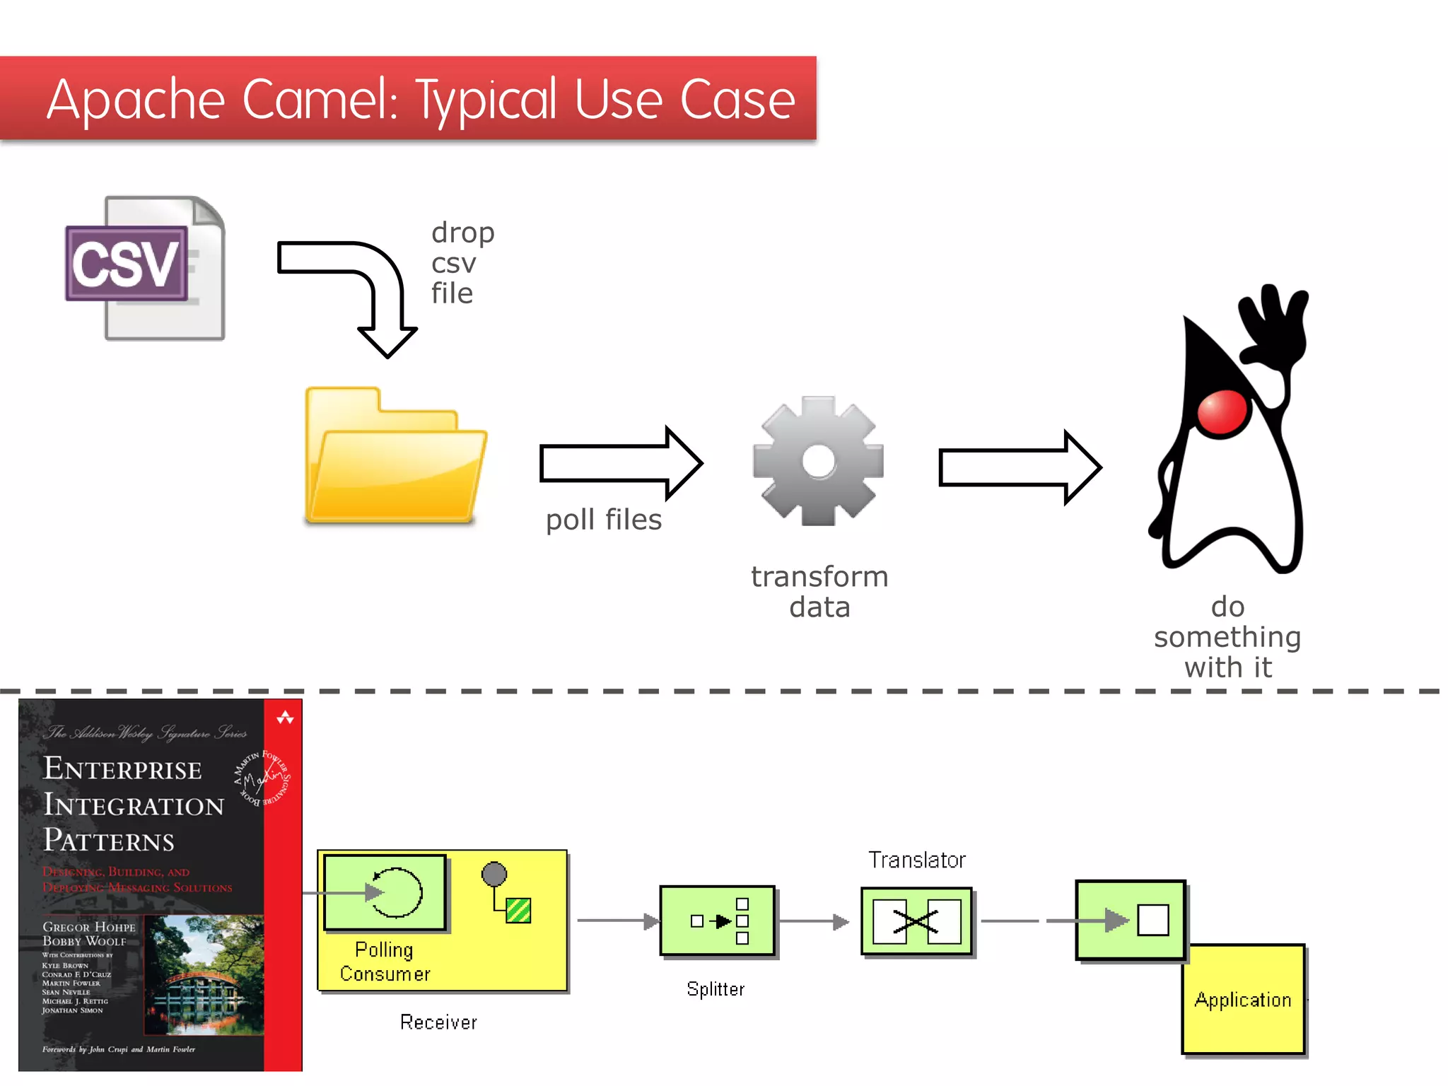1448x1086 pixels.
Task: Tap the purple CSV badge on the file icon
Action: pyautogui.click(x=127, y=264)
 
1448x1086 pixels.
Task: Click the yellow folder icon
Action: pyautogui.click(x=395, y=458)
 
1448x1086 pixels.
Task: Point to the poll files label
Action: pyautogui.click(x=603, y=520)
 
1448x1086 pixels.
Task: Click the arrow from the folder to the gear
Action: pyautogui.click(x=619, y=464)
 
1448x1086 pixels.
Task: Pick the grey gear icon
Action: pyautogui.click(x=818, y=461)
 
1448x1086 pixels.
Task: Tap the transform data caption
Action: pyautogui.click(x=819, y=592)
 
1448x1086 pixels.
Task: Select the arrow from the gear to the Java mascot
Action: pyautogui.click(x=1019, y=467)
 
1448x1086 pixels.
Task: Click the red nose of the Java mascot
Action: pyautogui.click(x=1221, y=411)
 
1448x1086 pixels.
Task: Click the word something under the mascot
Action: pyautogui.click(x=1227, y=637)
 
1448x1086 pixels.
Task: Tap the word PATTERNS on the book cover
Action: pyautogui.click(x=109, y=841)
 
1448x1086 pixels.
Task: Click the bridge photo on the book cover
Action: pyautogui.click(x=205, y=976)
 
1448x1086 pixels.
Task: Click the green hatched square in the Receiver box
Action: pyautogui.click(x=518, y=910)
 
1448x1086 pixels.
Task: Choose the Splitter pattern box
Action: pyautogui.click(x=717, y=921)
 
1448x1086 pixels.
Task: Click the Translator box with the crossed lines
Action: pyautogui.click(x=916, y=921)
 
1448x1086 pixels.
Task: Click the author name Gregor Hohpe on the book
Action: pyautogui.click(x=88, y=927)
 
